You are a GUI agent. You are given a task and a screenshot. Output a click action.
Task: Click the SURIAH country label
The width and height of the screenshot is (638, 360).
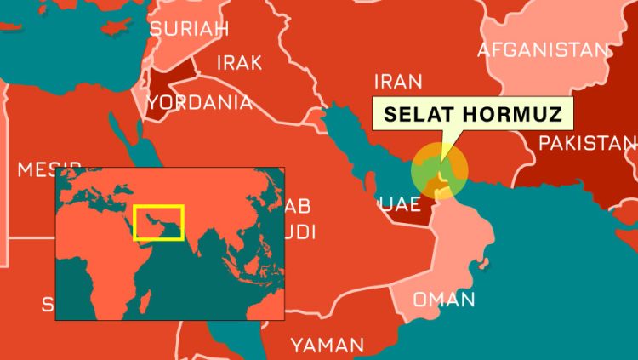pyautogui.click(x=189, y=29)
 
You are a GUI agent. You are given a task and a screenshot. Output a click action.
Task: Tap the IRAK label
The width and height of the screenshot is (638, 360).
pyautogui.click(x=239, y=62)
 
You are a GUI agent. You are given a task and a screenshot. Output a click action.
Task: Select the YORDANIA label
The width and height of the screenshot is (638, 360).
pyautogui.click(x=200, y=103)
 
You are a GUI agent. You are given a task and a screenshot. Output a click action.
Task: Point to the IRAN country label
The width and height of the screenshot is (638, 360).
pyautogui.click(x=397, y=82)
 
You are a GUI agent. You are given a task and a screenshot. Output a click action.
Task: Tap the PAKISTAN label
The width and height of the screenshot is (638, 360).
pyautogui.click(x=588, y=142)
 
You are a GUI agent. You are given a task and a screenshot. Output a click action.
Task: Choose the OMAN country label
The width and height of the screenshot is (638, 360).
pyautogui.click(x=443, y=300)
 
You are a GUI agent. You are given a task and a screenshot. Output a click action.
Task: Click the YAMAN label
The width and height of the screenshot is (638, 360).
pyautogui.click(x=327, y=345)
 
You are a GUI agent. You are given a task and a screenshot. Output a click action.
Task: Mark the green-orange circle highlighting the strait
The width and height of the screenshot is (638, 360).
pyautogui.click(x=439, y=170)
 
